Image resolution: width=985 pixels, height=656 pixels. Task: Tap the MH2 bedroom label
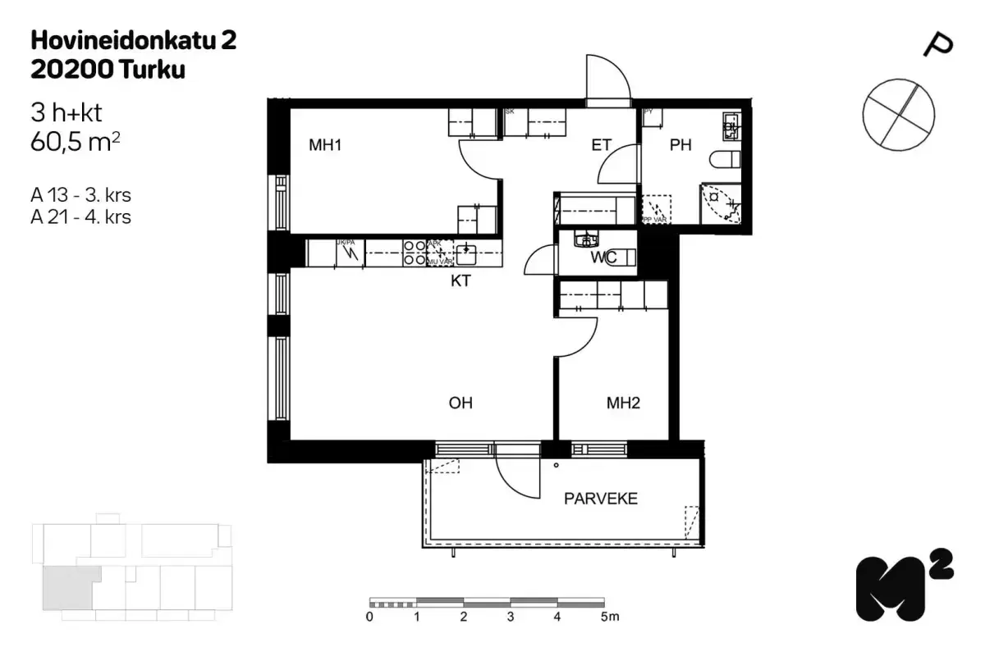[x=623, y=403]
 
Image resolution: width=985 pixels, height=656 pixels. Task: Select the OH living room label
[x=460, y=403]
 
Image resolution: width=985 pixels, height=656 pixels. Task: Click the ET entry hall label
[x=602, y=146]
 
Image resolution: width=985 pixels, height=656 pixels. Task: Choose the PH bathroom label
[x=680, y=146]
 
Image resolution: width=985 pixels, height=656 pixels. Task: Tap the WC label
[x=604, y=257]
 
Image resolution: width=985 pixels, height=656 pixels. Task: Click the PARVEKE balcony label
[x=600, y=499]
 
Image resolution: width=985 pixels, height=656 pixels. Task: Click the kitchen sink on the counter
[x=466, y=250]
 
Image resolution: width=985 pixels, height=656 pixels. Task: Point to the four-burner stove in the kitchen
[x=415, y=252]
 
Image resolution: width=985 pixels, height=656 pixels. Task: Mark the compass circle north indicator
[x=898, y=114]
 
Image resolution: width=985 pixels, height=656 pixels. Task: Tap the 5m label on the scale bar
[x=608, y=617]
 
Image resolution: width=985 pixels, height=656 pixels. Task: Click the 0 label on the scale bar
[x=370, y=617]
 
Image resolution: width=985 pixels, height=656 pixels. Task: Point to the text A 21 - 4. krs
[x=80, y=217]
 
